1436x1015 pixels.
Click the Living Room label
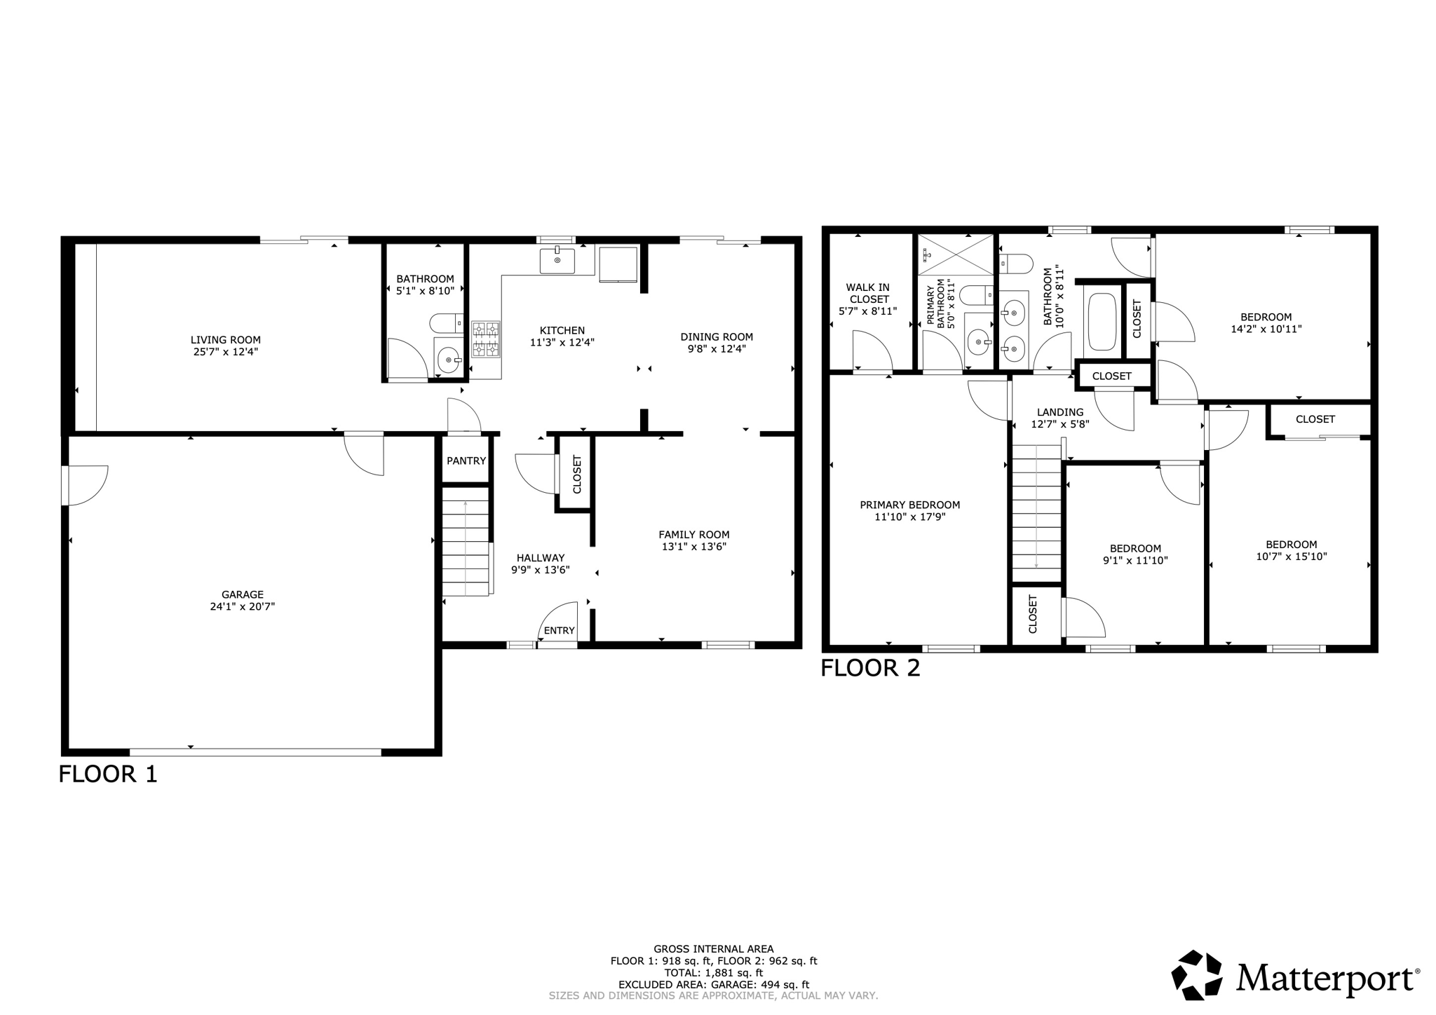[226, 340]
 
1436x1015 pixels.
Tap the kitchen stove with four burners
[486, 339]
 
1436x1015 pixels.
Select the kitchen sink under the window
[557, 261]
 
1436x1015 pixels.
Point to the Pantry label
[466, 461]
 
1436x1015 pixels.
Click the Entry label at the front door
[559, 630]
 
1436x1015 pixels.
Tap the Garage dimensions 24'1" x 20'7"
[243, 607]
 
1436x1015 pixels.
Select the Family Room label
[693, 534]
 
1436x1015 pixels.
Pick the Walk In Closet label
[867, 293]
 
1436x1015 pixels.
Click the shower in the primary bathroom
[956, 254]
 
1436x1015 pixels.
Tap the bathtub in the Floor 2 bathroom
[1102, 322]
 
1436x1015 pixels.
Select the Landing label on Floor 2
[1060, 412]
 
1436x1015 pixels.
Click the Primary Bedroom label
[909, 505]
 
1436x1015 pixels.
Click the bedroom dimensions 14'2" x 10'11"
[1266, 329]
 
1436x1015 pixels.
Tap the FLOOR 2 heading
[870, 668]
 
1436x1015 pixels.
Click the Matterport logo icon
[1197, 974]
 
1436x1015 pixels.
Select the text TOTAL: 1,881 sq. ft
[713, 973]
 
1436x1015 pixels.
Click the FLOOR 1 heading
[108, 774]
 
